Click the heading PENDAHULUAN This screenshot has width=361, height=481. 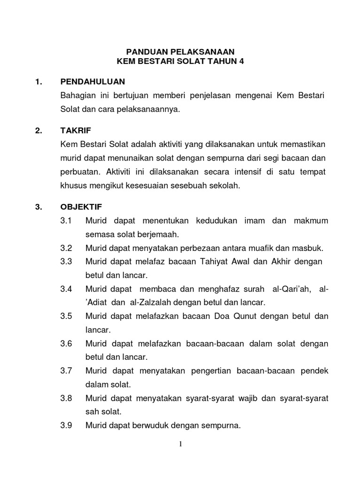[x=93, y=82]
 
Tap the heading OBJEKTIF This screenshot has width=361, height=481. [x=81, y=206]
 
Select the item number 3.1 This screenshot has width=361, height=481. [x=66, y=220]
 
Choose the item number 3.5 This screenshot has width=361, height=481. [x=66, y=316]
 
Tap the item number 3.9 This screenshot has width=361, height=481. [x=66, y=426]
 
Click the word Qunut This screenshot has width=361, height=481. [x=230, y=316]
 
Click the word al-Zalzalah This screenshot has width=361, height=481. [x=142, y=302]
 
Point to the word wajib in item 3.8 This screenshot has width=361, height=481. [x=244, y=398]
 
